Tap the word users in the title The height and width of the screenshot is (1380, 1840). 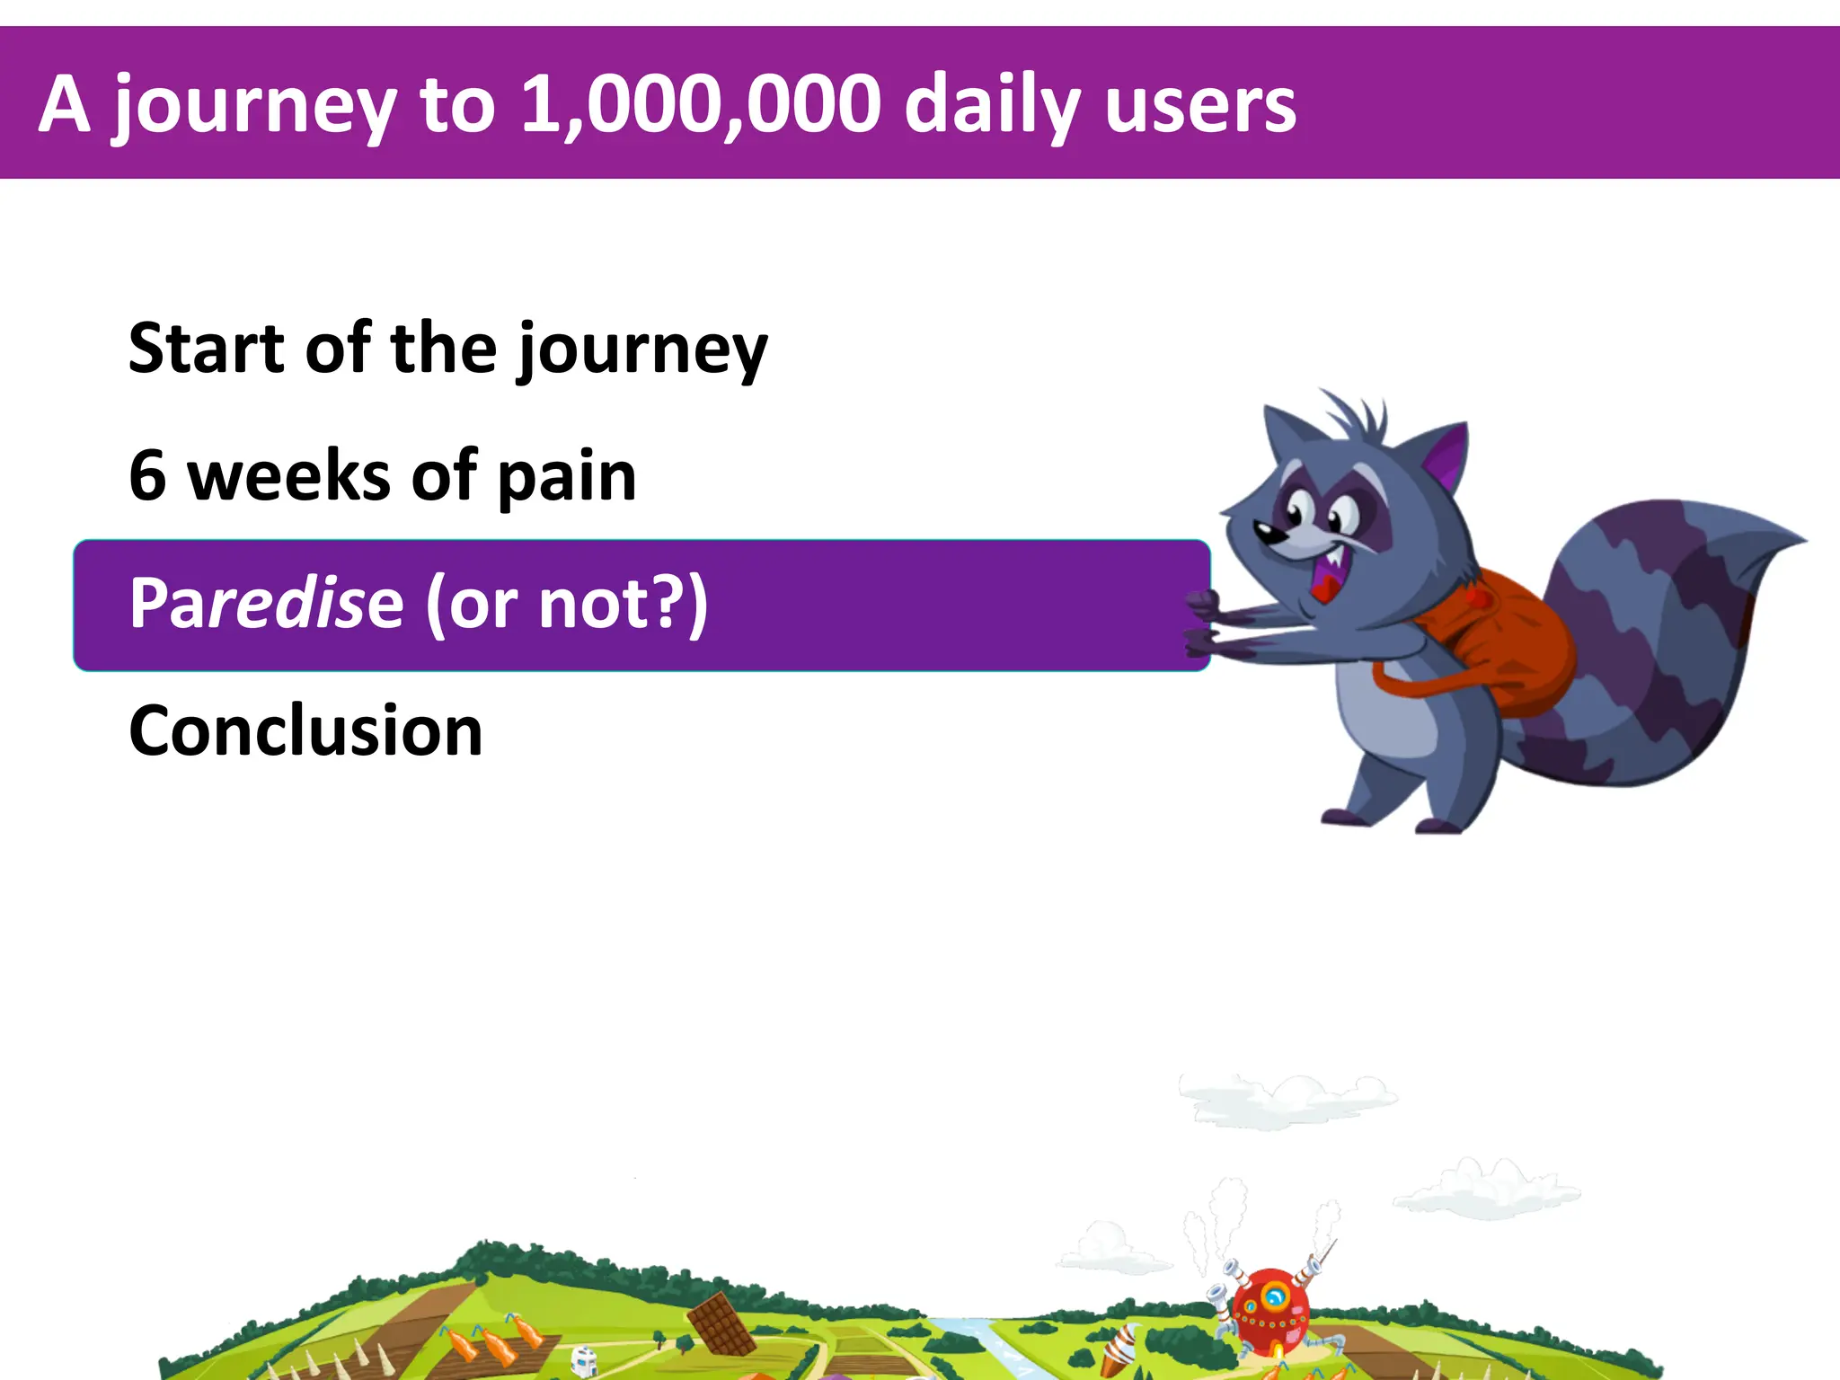click(1200, 106)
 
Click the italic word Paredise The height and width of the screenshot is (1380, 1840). click(266, 604)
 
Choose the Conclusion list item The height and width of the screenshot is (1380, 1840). click(306, 731)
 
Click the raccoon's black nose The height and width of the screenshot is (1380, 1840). click(1267, 533)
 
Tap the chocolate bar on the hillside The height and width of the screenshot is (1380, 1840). click(721, 1322)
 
